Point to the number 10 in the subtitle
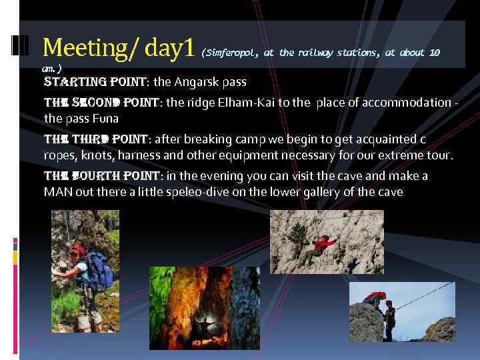coord(434,53)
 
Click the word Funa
coord(105,119)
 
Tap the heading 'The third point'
coord(95,139)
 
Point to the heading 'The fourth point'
coord(99,176)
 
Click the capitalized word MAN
coord(58,193)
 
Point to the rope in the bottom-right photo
coord(427,296)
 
